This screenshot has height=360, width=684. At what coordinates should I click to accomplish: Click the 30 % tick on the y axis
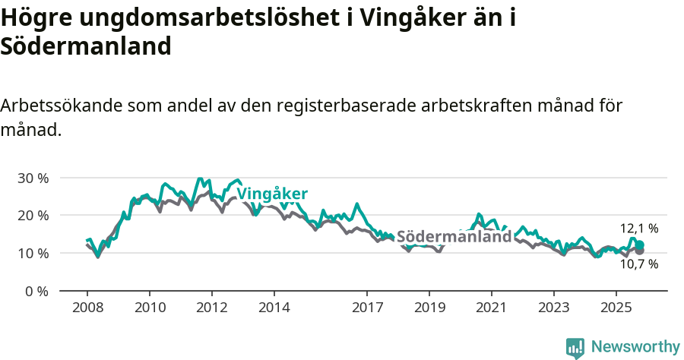33,178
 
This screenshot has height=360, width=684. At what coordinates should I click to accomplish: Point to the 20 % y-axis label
33,215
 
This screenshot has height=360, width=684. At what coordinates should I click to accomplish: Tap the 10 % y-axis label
33,253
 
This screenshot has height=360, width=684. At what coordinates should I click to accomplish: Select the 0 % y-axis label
36,290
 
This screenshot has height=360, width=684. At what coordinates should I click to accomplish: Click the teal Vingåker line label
272,194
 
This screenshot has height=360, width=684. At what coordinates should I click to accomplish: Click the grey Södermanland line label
454,236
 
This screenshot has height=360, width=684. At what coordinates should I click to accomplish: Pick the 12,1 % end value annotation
639,228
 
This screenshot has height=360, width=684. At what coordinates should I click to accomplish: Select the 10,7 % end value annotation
639,264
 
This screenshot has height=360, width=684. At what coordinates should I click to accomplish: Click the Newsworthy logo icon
575,348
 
